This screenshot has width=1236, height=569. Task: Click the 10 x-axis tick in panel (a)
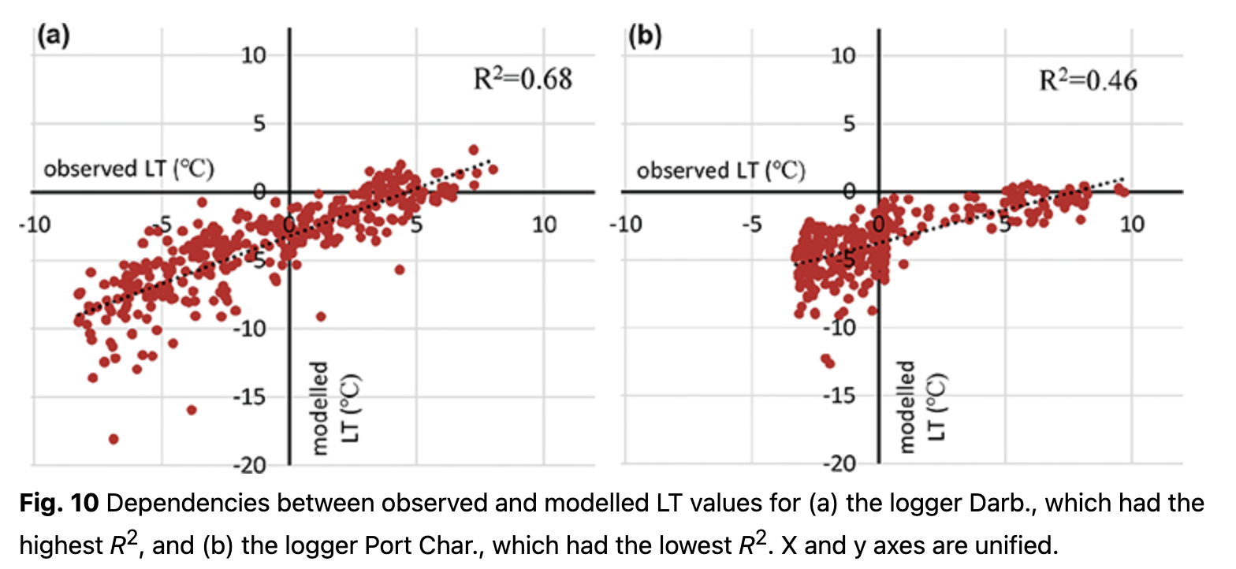tap(544, 225)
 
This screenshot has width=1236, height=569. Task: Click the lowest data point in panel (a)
tap(114, 439)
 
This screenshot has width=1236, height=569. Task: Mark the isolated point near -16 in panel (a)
tap(192, 410)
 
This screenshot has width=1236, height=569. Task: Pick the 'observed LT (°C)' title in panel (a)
tap(129, 169)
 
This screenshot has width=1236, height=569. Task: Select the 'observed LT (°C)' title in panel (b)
tap(720, 169)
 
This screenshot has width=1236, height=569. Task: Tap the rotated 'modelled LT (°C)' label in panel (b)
tap(921, 406)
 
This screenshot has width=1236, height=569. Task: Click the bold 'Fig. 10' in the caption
tap(58, 504)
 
